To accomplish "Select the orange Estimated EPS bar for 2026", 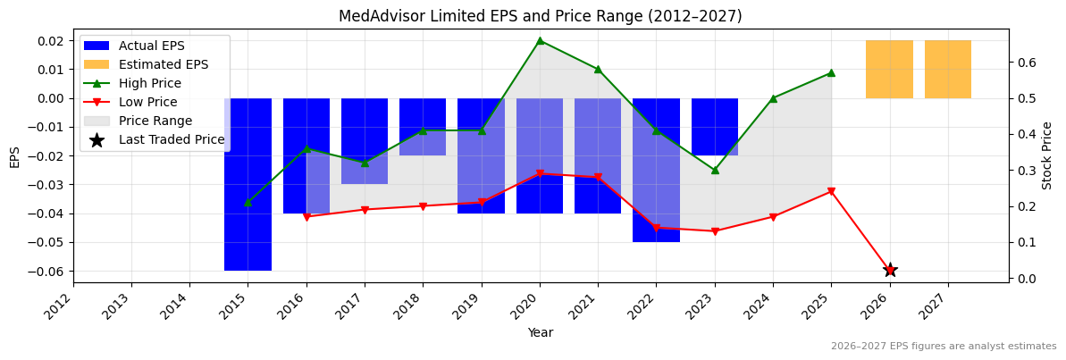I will [x=889, y=70].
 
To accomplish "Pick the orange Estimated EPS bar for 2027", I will [x=947, y=70].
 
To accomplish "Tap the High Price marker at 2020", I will [x=540, y=40].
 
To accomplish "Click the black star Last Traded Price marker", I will [x=889, y=270].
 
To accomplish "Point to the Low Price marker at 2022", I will [x=656, y=227].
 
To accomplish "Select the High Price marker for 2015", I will [x=248, y=202].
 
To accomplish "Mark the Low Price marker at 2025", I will [x=831, y=191].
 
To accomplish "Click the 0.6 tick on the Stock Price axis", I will [x=1025, y=62].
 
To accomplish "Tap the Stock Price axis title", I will [x=1047, y=155].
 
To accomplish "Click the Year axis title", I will [x=540, y=333].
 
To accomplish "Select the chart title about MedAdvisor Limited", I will [x=540, y=16].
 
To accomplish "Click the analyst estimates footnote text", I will [x=943, y=347].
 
